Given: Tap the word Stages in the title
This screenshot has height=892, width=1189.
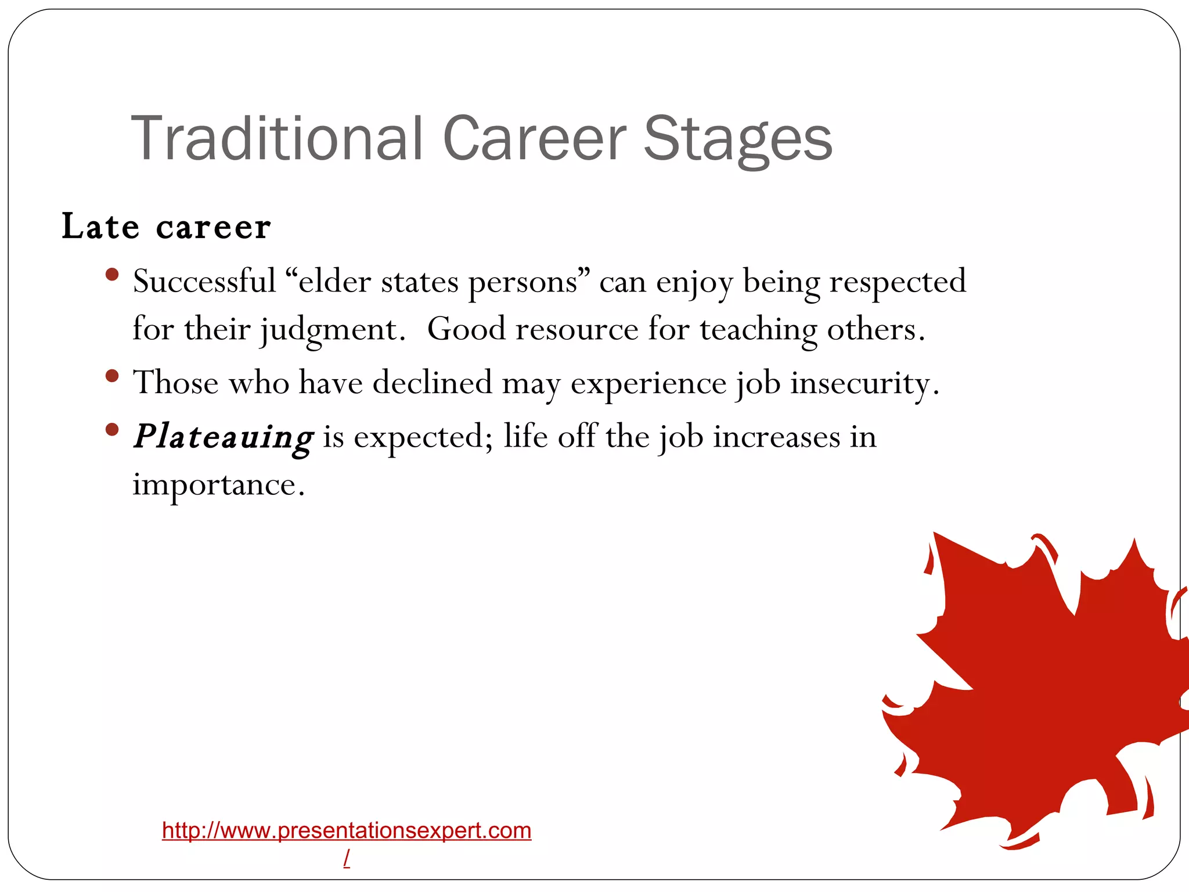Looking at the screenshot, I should [x=738, y=139].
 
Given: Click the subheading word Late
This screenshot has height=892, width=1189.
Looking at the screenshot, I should [x=100, y=226].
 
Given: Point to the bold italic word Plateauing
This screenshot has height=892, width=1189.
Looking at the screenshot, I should [x=224, y=437].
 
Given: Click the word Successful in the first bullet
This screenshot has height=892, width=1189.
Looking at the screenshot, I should [x=204, y=282].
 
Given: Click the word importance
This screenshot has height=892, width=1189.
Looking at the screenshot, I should [x=218, y=484].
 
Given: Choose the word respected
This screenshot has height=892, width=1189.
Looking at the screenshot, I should [x=898, y=282].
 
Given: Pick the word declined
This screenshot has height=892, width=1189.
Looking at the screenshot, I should [x=432, y=383].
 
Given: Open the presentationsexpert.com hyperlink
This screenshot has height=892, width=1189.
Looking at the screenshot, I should [x=347, y=830].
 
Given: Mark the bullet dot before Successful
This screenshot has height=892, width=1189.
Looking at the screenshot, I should [x=113, y=274].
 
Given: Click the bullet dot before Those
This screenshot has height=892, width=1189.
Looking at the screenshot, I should [x=113, y=376].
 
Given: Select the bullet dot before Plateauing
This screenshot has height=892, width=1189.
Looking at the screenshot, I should [x=113, y=430].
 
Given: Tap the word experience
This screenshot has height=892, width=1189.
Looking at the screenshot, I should [x=648, y=383].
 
